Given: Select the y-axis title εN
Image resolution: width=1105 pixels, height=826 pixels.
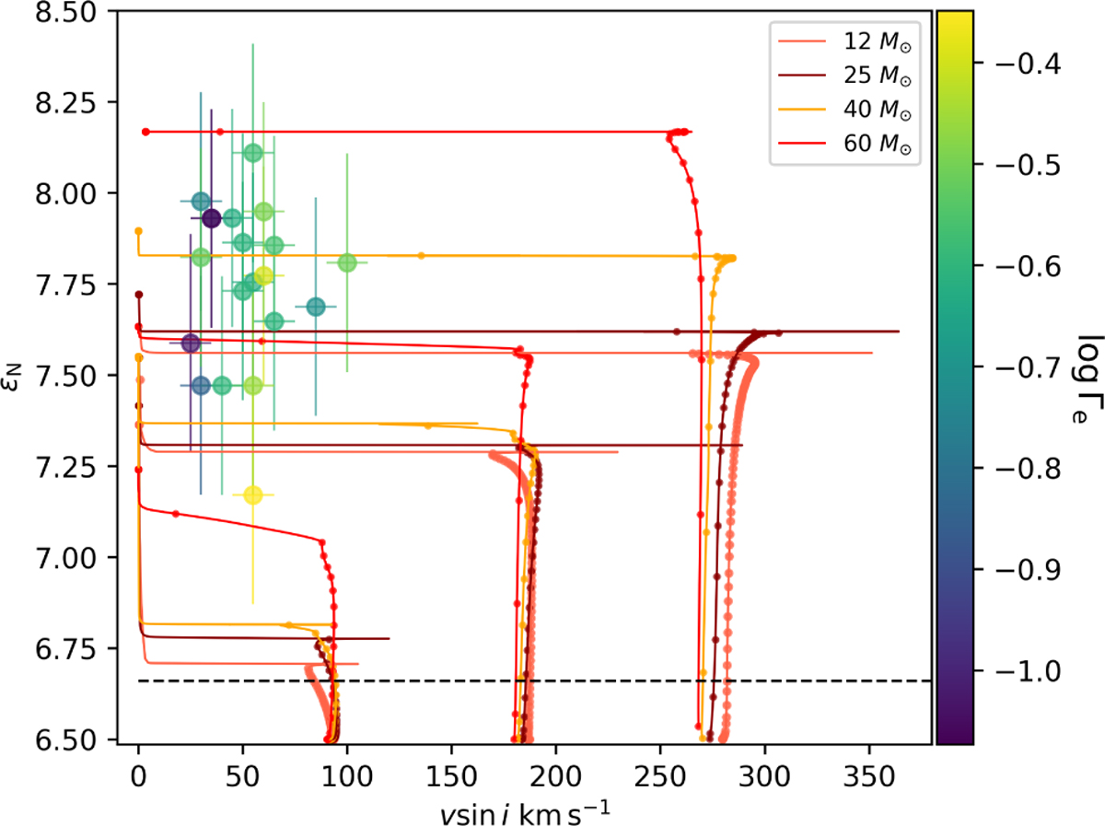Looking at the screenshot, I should coord(26,376).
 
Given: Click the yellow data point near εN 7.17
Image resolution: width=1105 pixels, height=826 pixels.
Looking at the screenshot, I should coord(253,495).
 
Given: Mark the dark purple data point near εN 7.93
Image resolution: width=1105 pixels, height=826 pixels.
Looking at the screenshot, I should coord(211,218).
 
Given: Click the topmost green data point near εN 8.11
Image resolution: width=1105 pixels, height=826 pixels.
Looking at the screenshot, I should coord(253,153).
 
